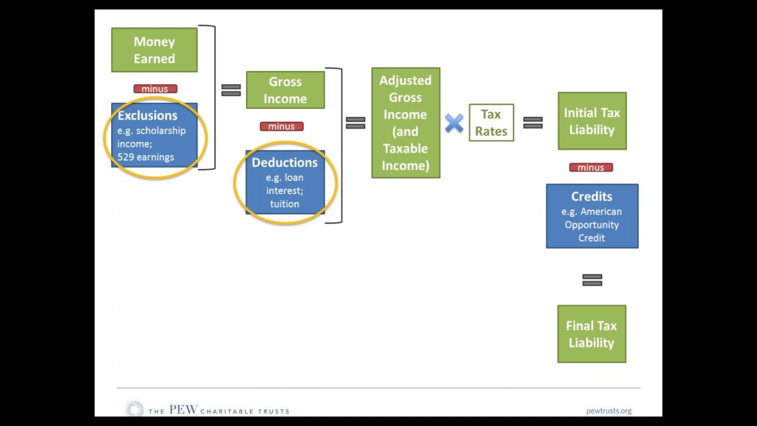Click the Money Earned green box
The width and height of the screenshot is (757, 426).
(x=154, y=50)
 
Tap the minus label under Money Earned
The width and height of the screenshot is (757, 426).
(x=155, y=89)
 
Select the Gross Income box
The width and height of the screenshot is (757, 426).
(x=285, y=90)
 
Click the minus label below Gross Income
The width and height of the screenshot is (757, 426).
(x=282, y=127)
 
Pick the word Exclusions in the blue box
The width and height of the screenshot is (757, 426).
(x=147, y=116)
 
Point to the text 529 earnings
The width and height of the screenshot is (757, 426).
(x=145, y=157)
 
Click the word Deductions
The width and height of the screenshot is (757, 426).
(x=284, y=163)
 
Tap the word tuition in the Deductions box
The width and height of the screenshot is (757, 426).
(x=284, y=204)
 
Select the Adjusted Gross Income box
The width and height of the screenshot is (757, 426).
(x=406, y=122)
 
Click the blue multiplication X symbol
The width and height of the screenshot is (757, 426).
(x=454, y=123)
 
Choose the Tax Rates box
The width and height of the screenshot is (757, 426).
(x=491, y=122)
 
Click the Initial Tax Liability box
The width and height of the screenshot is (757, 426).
(x=592, y=121)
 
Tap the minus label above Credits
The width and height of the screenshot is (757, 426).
(x=591, y=168)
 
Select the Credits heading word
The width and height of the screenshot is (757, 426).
(x=591, y=196)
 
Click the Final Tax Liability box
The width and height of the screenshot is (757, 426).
(x=591, y=334)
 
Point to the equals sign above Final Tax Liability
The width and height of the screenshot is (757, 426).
(x=592, y=280)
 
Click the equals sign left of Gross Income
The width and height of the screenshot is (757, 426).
(x=231, y=90)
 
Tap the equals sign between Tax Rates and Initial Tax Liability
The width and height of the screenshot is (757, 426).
(x=533, y=122)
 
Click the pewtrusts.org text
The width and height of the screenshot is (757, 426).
(x=609, y=411)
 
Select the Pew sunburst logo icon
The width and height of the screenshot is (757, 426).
(x=135, y=409)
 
